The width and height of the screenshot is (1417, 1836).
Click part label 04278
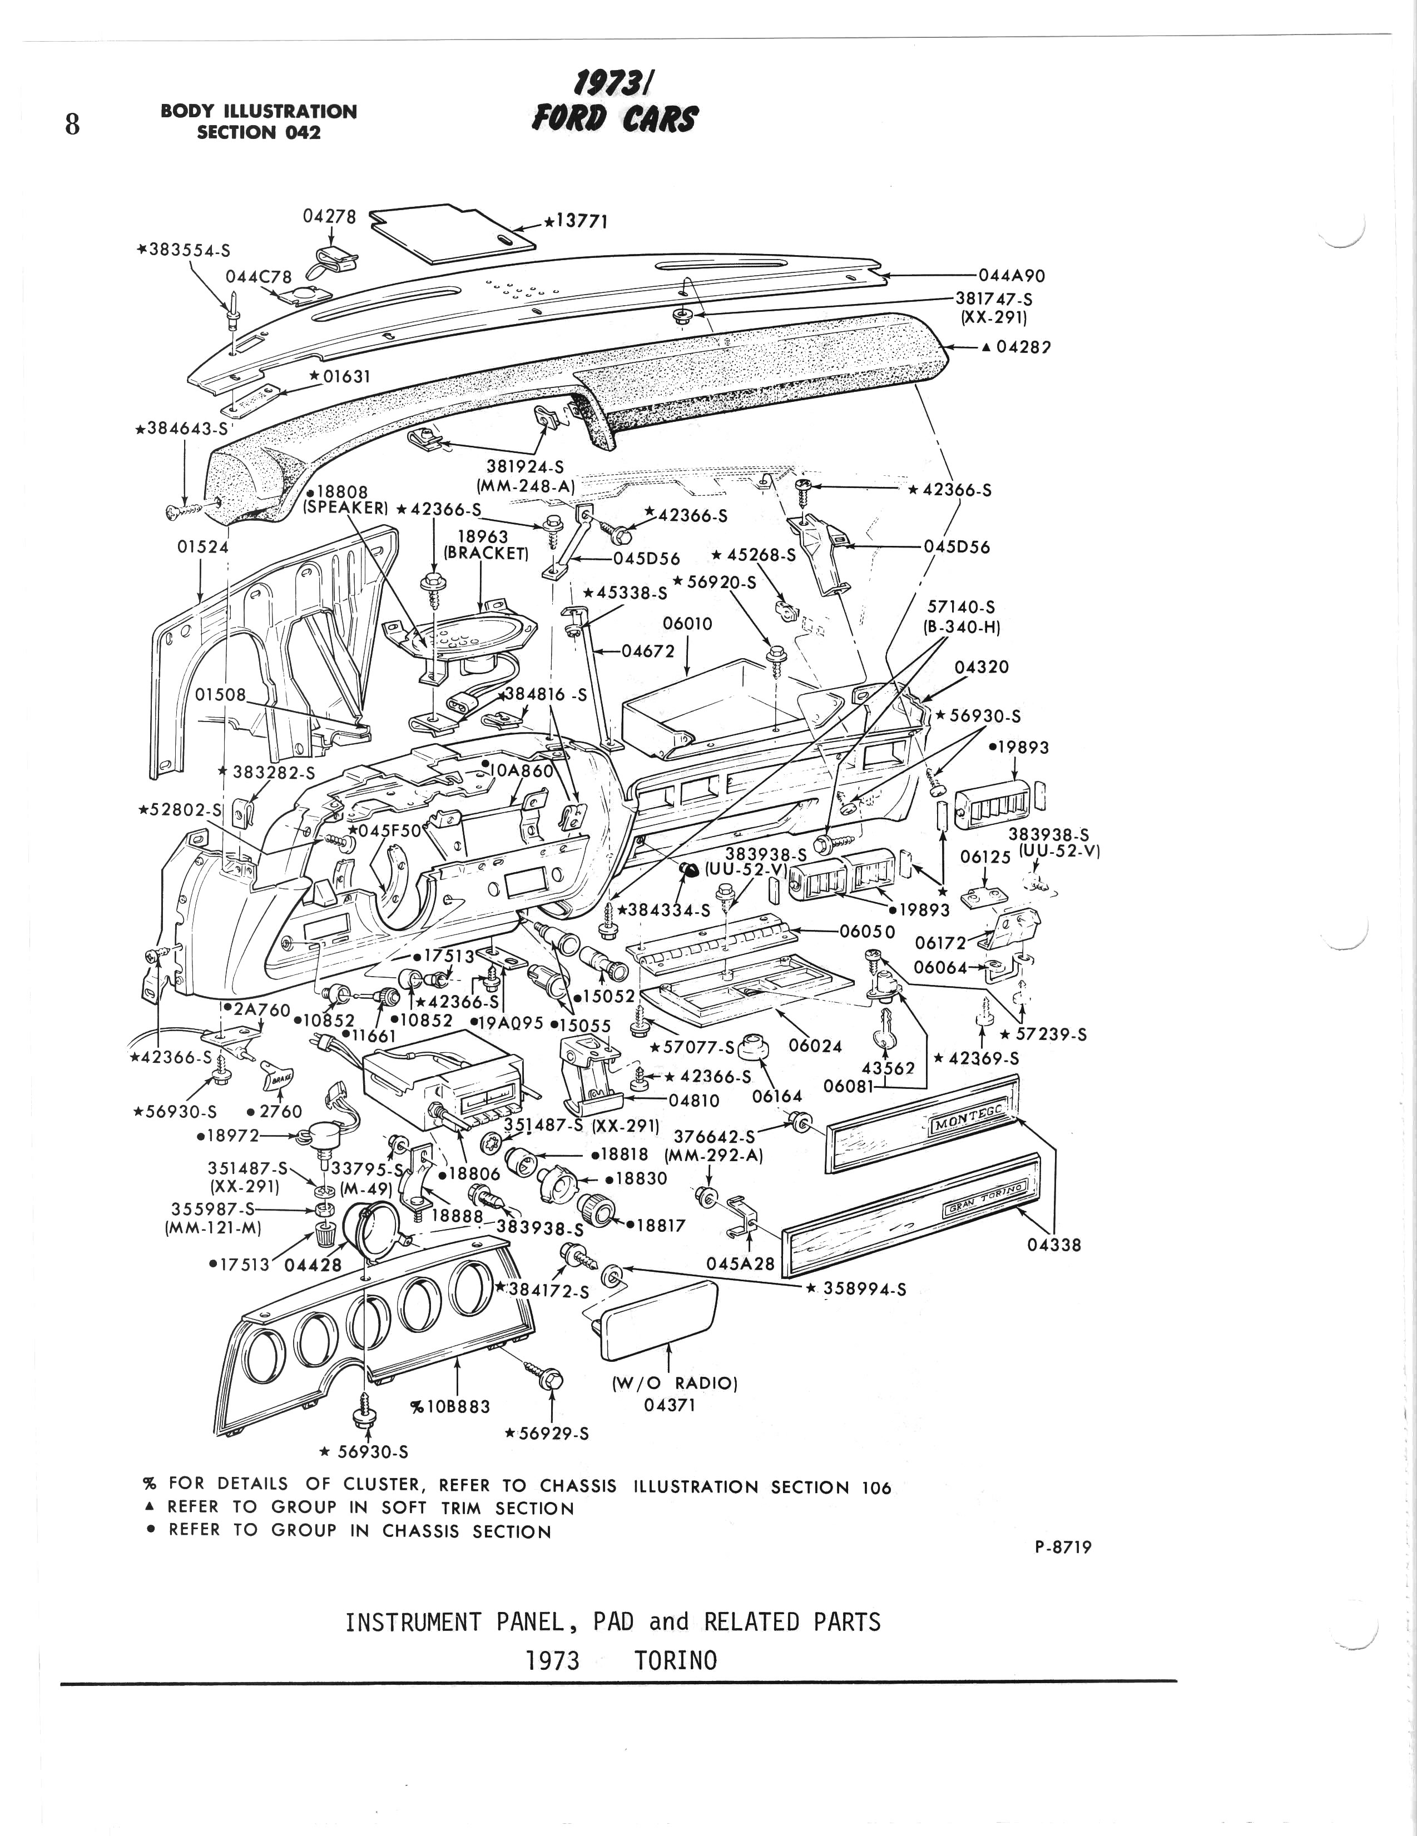tap(329, 216)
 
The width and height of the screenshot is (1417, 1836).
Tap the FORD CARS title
tap(614, 118)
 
